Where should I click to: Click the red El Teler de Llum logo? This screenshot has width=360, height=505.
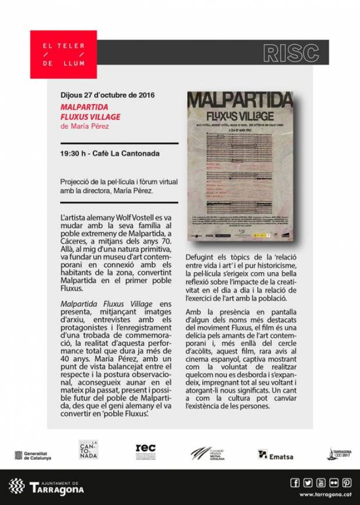63,54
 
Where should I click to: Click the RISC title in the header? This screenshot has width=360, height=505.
290,53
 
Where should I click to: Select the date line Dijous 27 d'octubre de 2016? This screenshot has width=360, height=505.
107,96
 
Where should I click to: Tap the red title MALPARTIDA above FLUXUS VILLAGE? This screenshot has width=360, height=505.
84,107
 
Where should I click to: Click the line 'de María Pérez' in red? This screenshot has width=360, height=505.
84,126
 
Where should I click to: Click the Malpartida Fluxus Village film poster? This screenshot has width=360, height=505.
240,166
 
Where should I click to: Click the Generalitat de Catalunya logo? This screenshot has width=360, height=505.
33,456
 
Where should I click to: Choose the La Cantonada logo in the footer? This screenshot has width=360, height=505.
88,450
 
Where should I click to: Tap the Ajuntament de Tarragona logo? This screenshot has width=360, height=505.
46,486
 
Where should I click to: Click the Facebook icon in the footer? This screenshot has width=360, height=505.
294,482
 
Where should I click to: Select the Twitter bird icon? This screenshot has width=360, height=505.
308,482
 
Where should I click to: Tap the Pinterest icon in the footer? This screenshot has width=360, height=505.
347,482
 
